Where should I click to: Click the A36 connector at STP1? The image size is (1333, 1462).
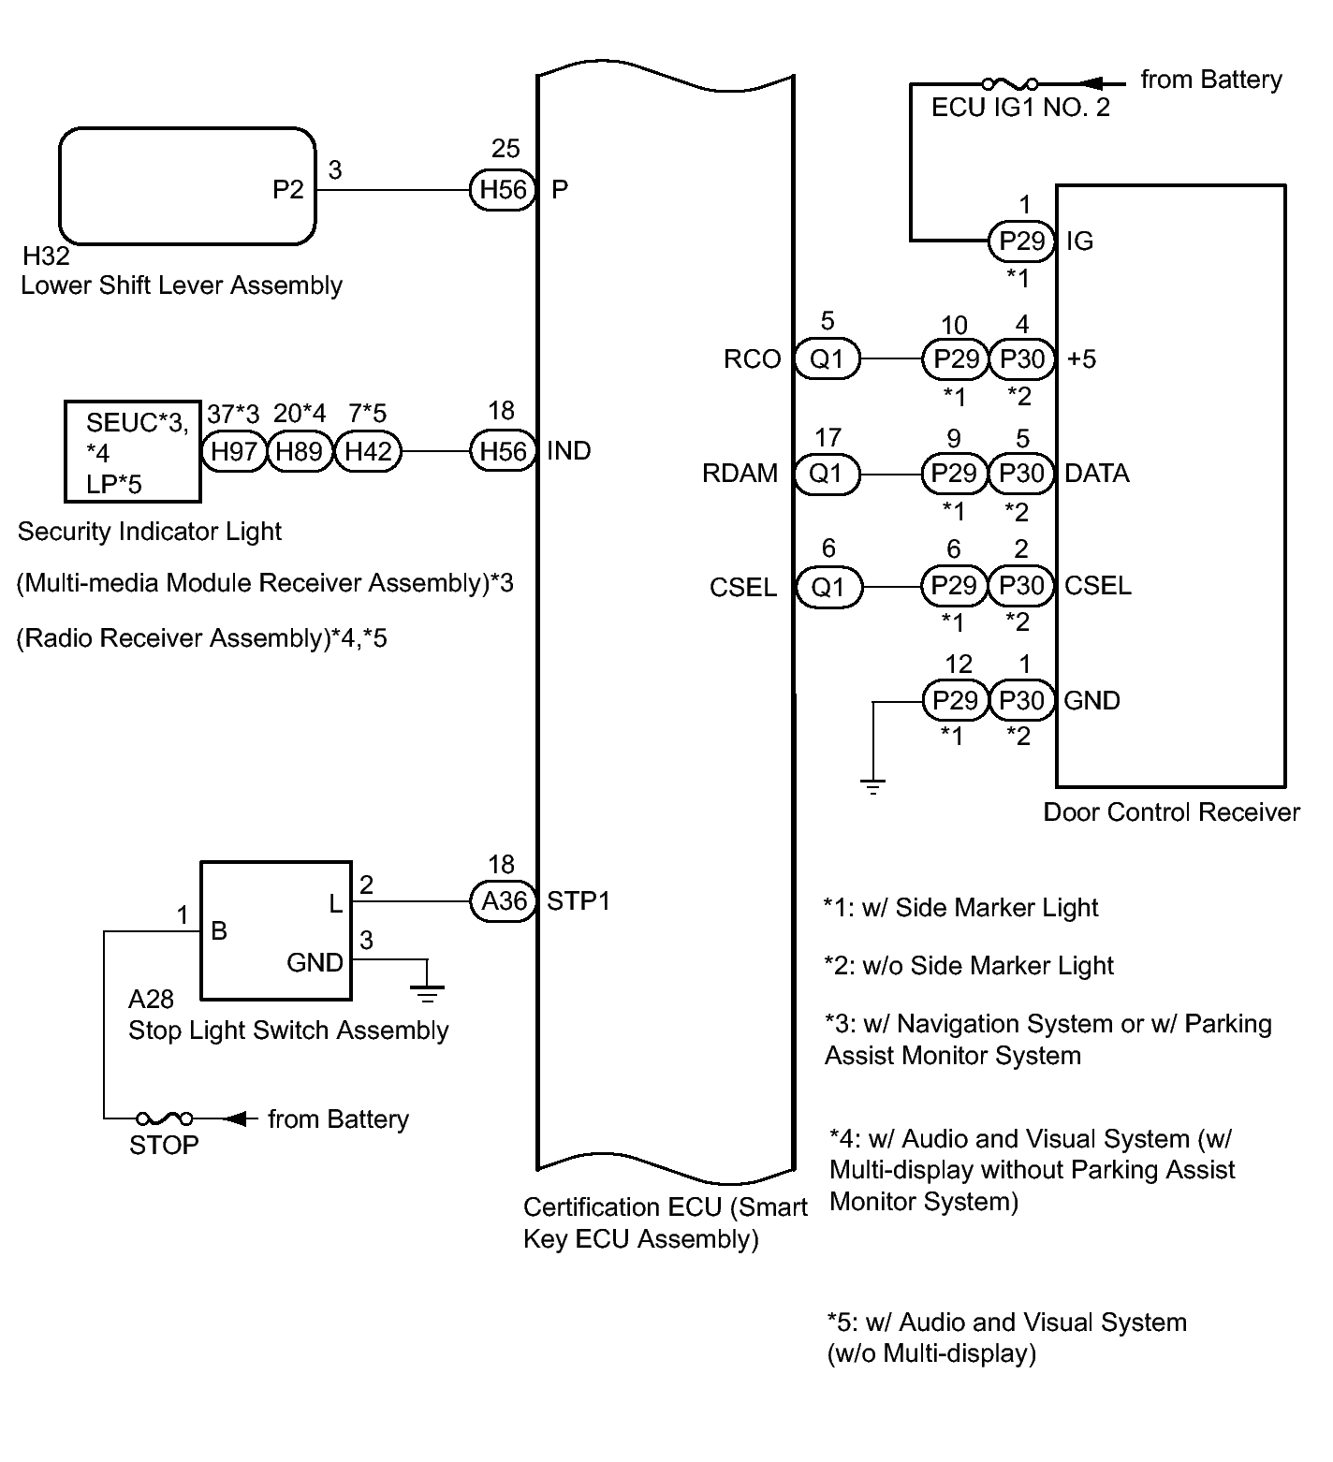(x=503, y=901)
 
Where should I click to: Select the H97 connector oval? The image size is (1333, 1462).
(x=234, y=452)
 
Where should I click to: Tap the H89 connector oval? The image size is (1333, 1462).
(x=300, y=452)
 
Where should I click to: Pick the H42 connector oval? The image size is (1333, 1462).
(x=367, y=452)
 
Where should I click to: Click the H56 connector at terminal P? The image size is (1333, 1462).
(x=503, y=190)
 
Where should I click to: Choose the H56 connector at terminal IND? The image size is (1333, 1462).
(x=503, y=452)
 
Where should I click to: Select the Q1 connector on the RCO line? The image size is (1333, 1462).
(x=827, y=359)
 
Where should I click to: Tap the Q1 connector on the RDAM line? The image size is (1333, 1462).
(x=827, y=474)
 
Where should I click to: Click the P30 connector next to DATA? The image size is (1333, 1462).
(x=1021, y=474)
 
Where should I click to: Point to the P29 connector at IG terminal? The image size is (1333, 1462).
(x=1021, y=241)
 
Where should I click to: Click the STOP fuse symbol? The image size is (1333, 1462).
(x=165, y=1118)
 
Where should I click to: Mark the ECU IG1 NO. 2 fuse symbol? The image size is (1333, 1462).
(x=1010, y=84)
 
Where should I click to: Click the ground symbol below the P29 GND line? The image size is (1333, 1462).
(x=872, y=786)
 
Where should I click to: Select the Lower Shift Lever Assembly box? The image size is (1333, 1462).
(x=187, y=187)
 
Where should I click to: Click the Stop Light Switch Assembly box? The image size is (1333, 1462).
(x=277, y=930)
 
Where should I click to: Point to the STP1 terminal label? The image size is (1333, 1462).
(x=578, y=901)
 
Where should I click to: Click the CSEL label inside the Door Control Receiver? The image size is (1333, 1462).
(x=1097, y=587)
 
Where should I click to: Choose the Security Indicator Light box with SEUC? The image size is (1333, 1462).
(x=132, y=451)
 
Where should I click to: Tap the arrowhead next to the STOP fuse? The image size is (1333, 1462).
(x=241, y=1118)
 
